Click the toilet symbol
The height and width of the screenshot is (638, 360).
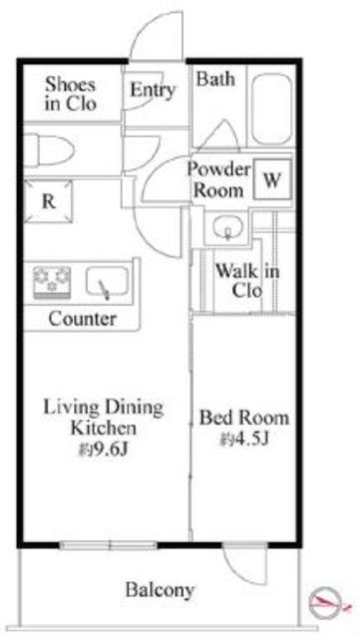coord(49,151)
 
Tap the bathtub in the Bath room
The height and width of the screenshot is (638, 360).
coord(271,109)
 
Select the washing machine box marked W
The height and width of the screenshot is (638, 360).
coord(272,179)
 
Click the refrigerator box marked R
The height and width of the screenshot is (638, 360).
coord(48,201)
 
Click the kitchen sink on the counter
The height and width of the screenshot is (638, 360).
coord(108,281)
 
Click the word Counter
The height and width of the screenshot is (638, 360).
coord(82,319)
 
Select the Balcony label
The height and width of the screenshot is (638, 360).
coord(160,589)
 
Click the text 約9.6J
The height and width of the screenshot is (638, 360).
coord(104,450)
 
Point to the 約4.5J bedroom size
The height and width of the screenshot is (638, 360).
coord(244,439)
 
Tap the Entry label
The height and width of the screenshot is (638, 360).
coord(153,90)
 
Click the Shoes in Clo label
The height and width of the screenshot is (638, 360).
coord(71,94)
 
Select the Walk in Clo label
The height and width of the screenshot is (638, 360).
coord(247,281)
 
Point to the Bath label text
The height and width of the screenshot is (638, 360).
coord(215,79)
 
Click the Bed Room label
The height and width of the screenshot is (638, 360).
coord(243,418)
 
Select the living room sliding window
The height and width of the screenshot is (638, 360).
coord(109,545)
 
